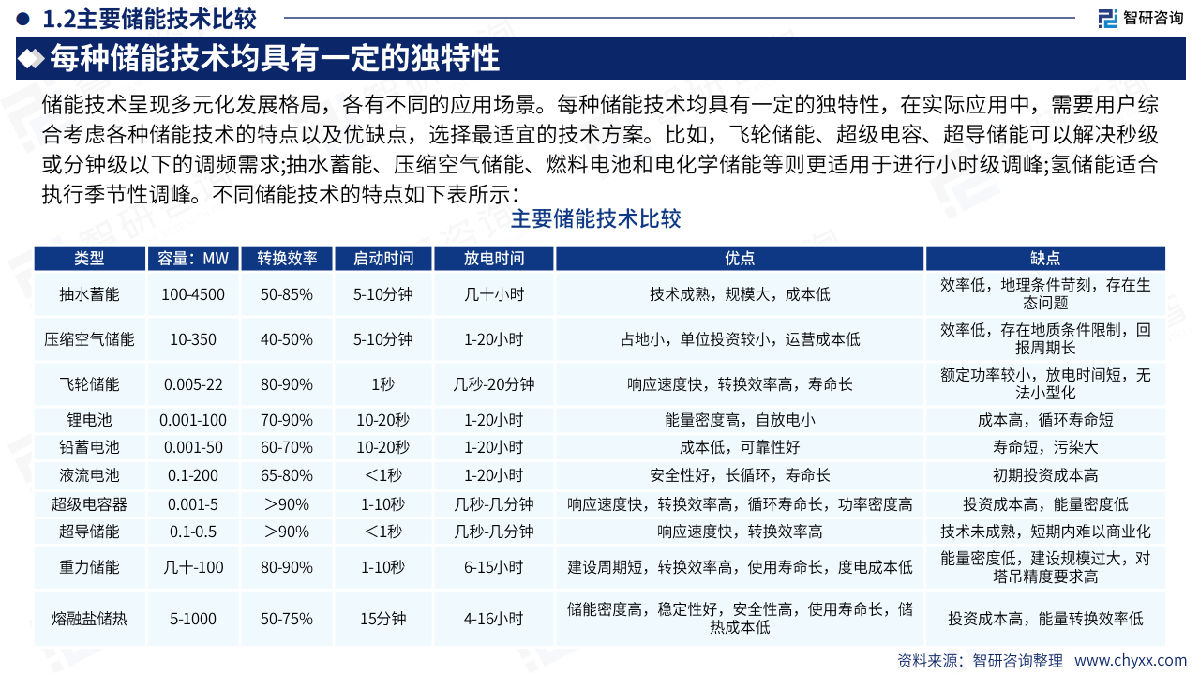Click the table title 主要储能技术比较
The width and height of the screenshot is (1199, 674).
tap(595, 220)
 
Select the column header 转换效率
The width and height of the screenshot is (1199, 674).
tap(286, 259)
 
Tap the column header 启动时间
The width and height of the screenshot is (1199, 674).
tap(382, 259)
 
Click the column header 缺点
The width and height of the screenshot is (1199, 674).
tap(1045, 259)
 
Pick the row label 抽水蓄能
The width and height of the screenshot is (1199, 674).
tap(89, 294)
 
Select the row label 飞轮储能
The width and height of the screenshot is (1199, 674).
tap(89, 384)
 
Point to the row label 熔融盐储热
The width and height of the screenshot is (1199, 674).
tap(89, 619)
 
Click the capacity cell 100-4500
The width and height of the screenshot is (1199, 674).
tap(193, 294)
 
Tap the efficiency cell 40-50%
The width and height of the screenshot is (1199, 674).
tap(286, 339)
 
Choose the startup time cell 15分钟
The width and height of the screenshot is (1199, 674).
tap(382, 619)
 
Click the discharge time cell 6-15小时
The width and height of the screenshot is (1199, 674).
tap(494, 567)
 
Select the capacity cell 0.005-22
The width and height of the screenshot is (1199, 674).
tap(193, 384)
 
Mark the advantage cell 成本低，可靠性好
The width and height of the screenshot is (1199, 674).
tap(740, 447)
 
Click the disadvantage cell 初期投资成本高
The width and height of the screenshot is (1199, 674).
tap(1045, 475)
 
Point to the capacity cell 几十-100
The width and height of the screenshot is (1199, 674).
tap(193, 567)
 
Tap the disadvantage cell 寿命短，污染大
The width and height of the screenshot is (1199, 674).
tap(1045, 447)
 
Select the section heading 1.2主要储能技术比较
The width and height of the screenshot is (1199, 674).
tap(150, 17)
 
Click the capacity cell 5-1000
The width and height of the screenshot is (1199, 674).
tap(193, 619)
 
